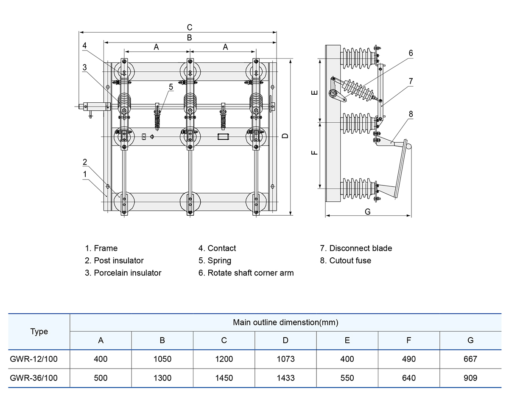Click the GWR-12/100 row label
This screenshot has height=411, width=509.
[x=34, y=359]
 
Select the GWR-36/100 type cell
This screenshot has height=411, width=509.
[x=34, y=378]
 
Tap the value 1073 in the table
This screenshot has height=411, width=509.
[x=285, y=359]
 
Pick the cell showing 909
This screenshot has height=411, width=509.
[x=470, y=378]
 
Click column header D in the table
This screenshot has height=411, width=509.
[x=285, y=340]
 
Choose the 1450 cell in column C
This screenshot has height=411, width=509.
[x=224, y=378]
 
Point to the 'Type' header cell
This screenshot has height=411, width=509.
[x=39, y=332]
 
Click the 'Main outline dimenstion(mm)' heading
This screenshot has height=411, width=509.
[x=285, y=322]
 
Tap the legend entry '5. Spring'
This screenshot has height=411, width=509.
[x=215, y=260]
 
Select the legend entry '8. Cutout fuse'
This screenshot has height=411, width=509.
[x=345, y=260]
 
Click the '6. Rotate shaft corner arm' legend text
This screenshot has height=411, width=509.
[x=246, y=273]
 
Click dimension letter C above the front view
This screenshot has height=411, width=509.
[x=190, y=27]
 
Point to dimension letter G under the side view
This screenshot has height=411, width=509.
[x=368, y=211]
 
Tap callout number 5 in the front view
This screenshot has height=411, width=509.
[x=171, y=87]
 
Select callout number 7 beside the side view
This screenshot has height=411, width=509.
[x=411, y=81]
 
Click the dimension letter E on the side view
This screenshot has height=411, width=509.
[x=314, y=93]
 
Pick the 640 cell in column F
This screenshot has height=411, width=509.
[x=408, y=378]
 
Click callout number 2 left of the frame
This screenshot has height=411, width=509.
[x=85, y=162]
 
